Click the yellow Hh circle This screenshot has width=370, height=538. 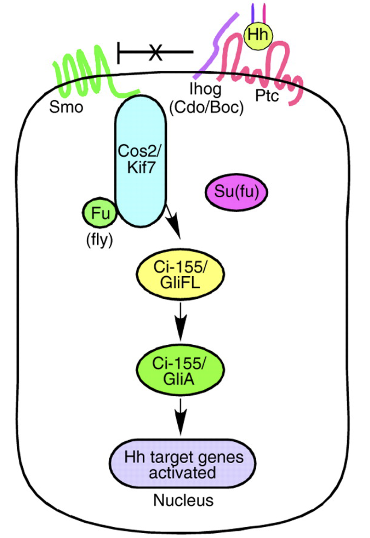point(258,35)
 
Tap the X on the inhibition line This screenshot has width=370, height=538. point(156,52)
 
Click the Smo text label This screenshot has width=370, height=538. point(66,107)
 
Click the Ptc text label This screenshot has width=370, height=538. point(267,96)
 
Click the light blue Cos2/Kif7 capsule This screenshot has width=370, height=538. point(141,161)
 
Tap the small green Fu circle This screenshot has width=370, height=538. point(100,213)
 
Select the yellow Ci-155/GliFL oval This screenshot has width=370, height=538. point(180,275)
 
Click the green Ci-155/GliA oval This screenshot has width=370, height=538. point(180,370)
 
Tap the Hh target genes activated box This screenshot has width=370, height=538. point(183,464)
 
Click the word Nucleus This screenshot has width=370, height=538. point(183,500)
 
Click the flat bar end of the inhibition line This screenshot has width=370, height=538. point(118,52)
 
